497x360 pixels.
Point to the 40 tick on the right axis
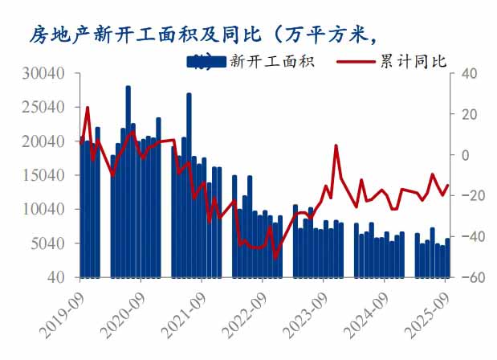click(x=468, y=73)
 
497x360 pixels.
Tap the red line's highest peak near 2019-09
click(x=87, y=108)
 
